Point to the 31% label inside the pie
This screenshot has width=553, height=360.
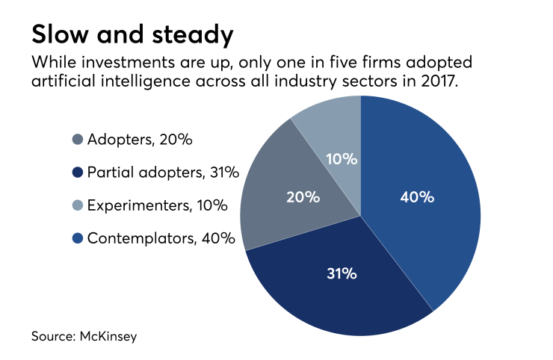(x=340, y=273)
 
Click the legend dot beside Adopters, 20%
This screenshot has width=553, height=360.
(x=78, y=140)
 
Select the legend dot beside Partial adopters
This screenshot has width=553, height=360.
(x=78, y=173)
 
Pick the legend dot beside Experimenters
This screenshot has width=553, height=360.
(x=78, y=206)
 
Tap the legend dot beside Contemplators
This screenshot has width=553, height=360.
(x=78, y=239)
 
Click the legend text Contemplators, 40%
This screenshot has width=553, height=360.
(x=161, y=239)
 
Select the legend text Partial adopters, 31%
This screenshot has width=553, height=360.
(x=163, y=173)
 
